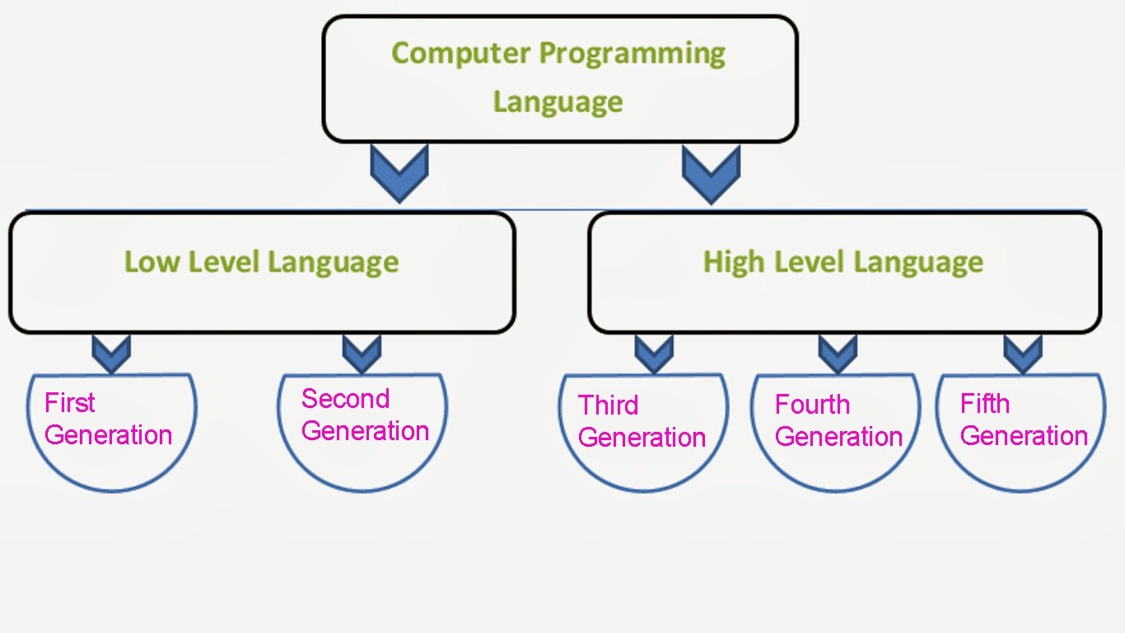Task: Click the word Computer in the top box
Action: [460, 54]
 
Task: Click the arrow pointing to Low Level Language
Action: [399, 173]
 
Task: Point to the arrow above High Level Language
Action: [711, 175]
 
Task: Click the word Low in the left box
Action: [152, 261]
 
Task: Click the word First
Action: [69, 403]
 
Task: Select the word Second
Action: [346, 399]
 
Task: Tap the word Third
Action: [608, 406]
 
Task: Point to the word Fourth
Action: [812, 405]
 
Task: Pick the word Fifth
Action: [985, 404]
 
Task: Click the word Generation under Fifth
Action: [1024, 436]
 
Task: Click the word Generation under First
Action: [109, 435]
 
